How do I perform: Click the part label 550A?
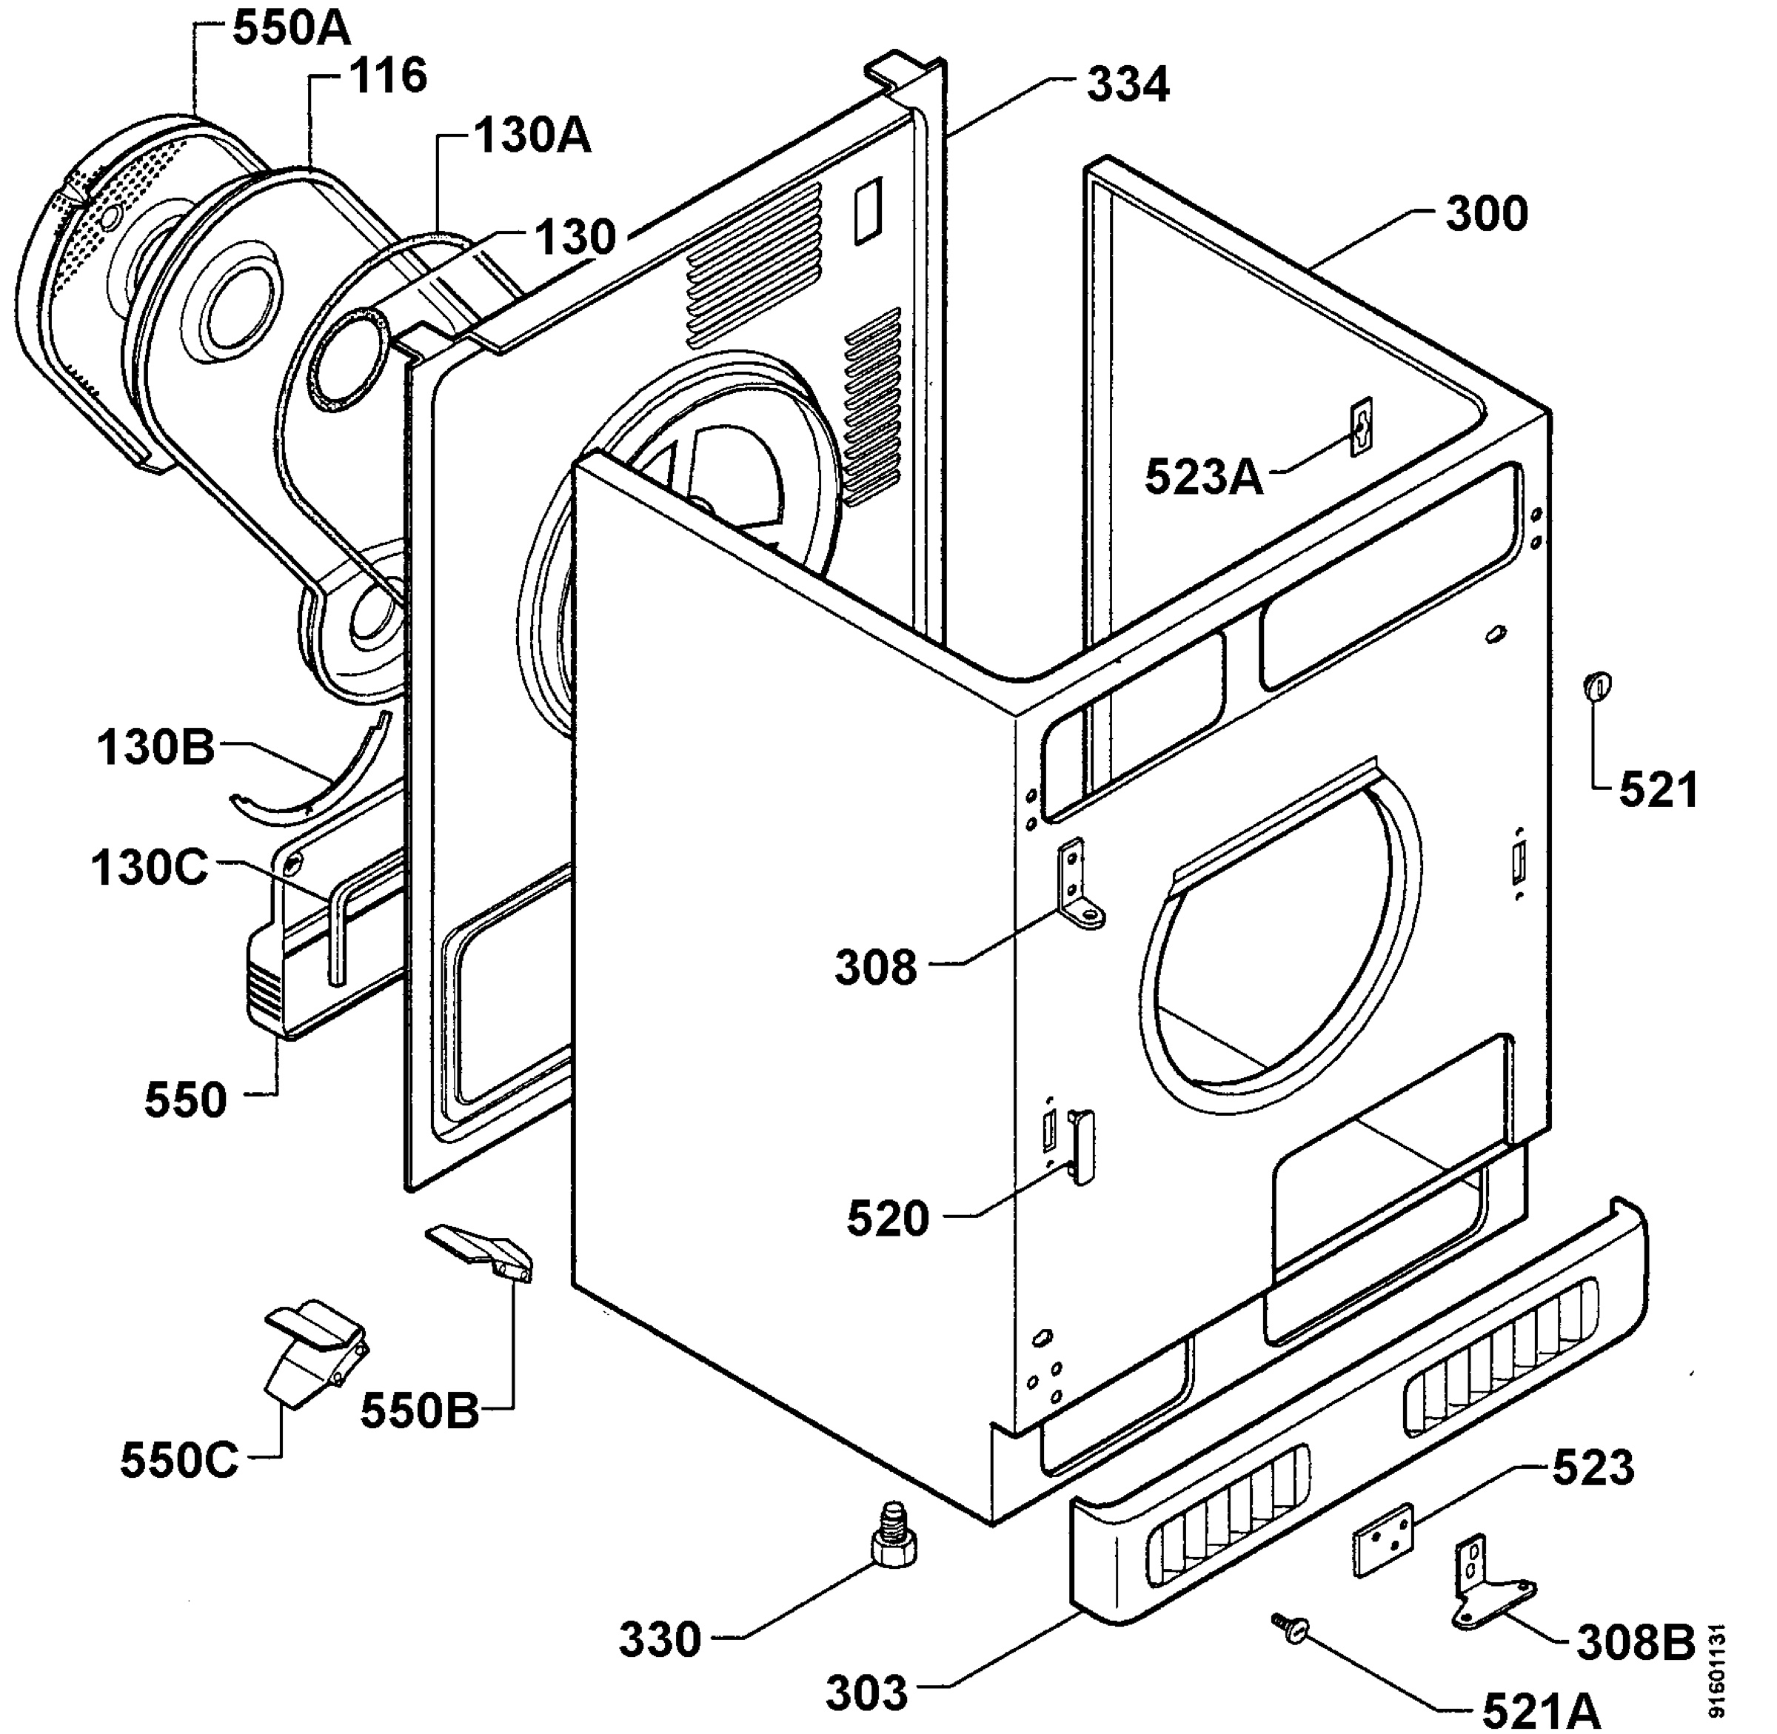pos(292,28)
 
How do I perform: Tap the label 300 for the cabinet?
pos(1487,214)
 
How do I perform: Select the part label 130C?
pos(150,868)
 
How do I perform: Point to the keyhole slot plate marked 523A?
pos(1361,426)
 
